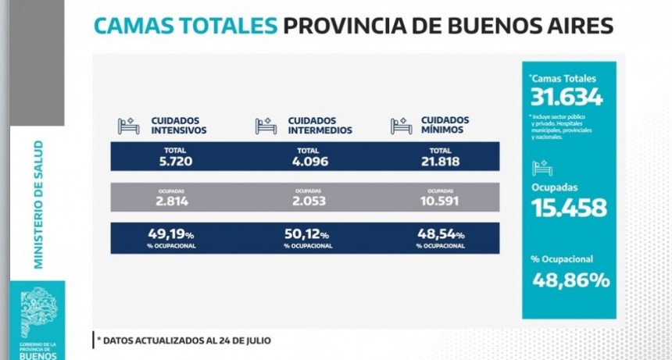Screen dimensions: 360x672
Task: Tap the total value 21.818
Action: tap(441, 162)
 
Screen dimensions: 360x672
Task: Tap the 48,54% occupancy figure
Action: tap(441, 233)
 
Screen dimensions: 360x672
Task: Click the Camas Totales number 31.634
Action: tap(567, 97)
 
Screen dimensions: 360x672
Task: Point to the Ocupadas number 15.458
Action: tap(568, 208)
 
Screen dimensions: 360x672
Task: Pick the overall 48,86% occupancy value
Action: tap(571, 280)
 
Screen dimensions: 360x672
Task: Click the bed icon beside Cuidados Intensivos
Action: tap(128, 126)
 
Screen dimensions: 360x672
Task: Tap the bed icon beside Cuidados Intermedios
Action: tap(266, 126)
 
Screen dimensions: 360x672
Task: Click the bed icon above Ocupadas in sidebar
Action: tap(542, 169)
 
